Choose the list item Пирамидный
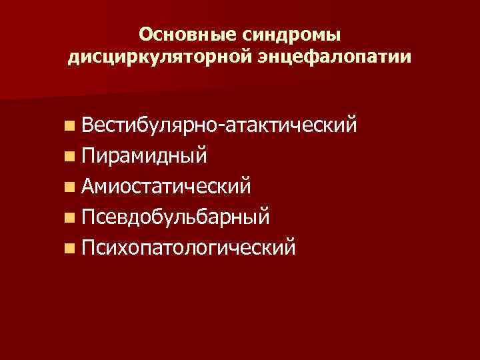(145, 155)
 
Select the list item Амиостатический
(167, 186)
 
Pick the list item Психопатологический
(189, 249)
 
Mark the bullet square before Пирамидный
(70, 157)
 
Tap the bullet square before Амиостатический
(70, 187)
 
